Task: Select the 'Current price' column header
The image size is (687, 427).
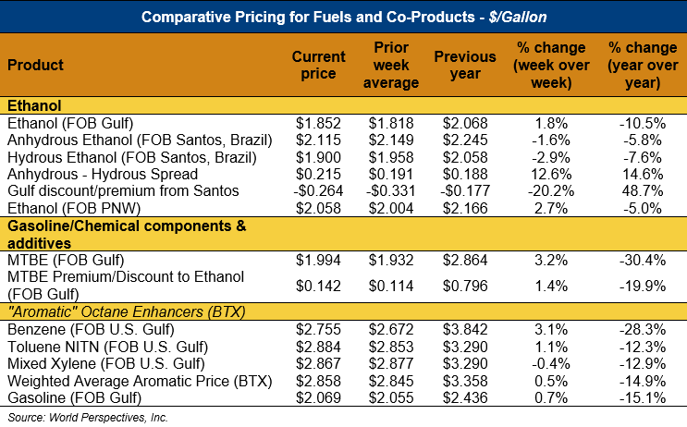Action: point(318,65)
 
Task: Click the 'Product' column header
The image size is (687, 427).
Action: point(36,66)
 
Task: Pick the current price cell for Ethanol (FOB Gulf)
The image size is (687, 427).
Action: point(318,123)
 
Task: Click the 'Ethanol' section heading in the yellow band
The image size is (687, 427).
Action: point(32,106)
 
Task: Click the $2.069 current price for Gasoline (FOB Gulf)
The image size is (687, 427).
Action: point(318,396)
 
